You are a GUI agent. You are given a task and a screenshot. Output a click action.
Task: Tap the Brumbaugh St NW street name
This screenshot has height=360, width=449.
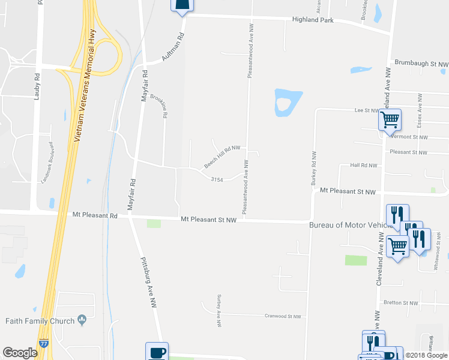(421, 63)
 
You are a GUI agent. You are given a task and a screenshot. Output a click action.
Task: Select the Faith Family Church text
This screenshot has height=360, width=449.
(40, 321)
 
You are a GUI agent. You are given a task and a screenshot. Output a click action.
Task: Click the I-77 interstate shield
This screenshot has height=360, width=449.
(44, 343)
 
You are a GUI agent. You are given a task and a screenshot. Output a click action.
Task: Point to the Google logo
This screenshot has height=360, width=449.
(20, 353)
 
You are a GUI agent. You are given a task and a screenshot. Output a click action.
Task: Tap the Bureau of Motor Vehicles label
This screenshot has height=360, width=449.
(351, 225)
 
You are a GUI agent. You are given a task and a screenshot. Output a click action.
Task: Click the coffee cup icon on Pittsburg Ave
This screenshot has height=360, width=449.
(157, 351)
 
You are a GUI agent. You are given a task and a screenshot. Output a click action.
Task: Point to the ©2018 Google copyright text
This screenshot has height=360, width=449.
(426, 355)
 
